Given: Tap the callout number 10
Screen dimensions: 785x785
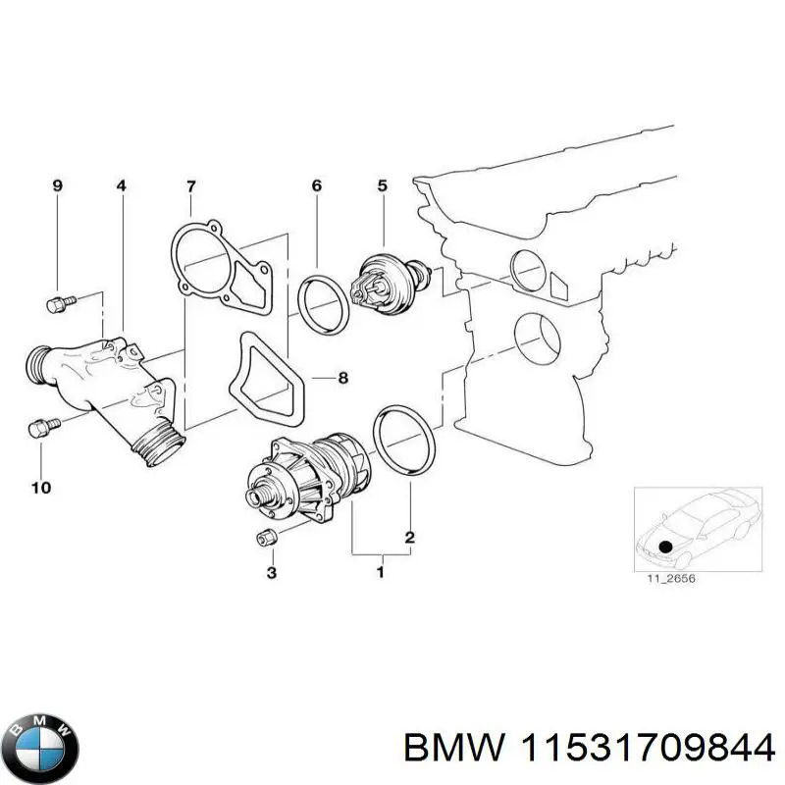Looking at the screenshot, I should pyautogui.click(x=41, y=487).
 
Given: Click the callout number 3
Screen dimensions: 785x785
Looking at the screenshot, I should pyautogui.click(x=272, y=572).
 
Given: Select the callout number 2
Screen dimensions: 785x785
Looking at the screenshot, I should pyautogui.click(x=409, y=538).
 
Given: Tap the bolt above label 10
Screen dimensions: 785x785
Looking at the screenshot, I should pyautogui.click(x=40, y=427).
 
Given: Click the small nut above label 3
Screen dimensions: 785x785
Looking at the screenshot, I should pyautogui.click(x=264, y=537).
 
